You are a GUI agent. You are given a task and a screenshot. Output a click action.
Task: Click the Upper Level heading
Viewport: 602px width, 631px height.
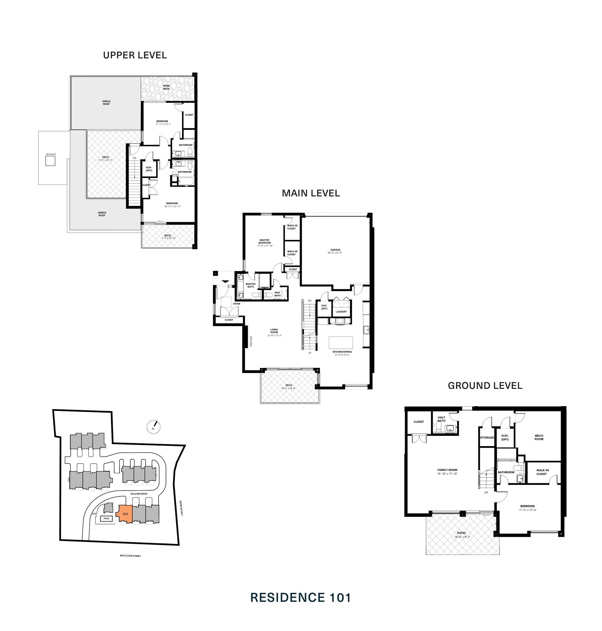[135, 55]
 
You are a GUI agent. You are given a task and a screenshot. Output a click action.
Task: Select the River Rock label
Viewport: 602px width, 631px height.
[166, 87]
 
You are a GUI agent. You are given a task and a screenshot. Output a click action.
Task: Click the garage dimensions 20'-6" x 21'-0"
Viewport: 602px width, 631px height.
[335, 253]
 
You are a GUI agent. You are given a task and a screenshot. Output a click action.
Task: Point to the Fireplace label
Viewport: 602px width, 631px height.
[251, 341]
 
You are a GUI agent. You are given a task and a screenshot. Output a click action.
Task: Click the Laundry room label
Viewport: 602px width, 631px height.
[341, 312]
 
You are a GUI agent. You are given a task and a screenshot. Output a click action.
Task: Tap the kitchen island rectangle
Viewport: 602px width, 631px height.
[341, 342]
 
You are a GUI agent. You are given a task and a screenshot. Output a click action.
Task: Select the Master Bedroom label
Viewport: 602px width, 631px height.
[264, 241]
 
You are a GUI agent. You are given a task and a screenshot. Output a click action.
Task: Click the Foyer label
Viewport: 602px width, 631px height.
[236, 303]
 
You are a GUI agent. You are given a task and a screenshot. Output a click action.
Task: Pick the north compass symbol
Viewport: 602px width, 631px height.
[153, 427]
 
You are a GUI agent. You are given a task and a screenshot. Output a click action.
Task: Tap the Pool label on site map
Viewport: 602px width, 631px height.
[107, 518]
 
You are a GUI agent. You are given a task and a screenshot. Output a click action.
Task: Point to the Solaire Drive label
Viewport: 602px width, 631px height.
[139, 494]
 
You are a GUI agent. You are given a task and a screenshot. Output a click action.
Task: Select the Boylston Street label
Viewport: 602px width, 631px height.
[130, 556]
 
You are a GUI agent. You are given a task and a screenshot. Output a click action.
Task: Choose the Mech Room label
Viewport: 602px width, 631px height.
[539, 437]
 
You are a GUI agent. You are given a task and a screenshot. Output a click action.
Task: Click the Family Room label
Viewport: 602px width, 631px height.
[447, 470]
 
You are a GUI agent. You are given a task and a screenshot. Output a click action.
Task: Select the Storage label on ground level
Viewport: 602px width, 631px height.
[487, 437]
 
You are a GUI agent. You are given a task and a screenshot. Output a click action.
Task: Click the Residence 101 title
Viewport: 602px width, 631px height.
[301, 598]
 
